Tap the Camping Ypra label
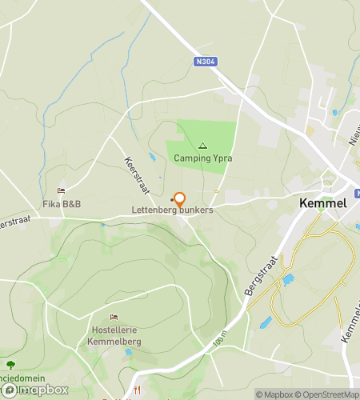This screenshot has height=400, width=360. pyautogui.click(x=203, y=158)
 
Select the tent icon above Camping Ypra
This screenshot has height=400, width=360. pyautogui.click(x=202, y=146)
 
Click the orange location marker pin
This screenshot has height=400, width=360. pyautogui.click(x=180, y=200)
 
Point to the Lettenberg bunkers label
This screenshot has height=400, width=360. pyautogui.click(x=173, y=210)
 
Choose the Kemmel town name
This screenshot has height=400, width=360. pyautogui.click(x=322, y=203)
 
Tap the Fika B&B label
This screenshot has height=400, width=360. pyautogui.click(x=62, y=204)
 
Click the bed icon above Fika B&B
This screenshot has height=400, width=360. pyautogui.click(x=60, y=191)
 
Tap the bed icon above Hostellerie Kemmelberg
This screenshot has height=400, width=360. pyautogui.click(x=112, y=318)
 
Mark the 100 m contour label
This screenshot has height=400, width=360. pyautogui.click(x=220, y=340)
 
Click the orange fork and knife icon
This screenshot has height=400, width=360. pyautogui.click(x=138, y=389)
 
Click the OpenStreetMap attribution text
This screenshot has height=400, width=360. pyautogui.click(x=327, y=394)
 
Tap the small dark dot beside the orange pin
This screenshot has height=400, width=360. pyautogui.click(x=172, y=199)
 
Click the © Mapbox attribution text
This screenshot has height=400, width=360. pyautogui.click(x=274, y=394)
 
